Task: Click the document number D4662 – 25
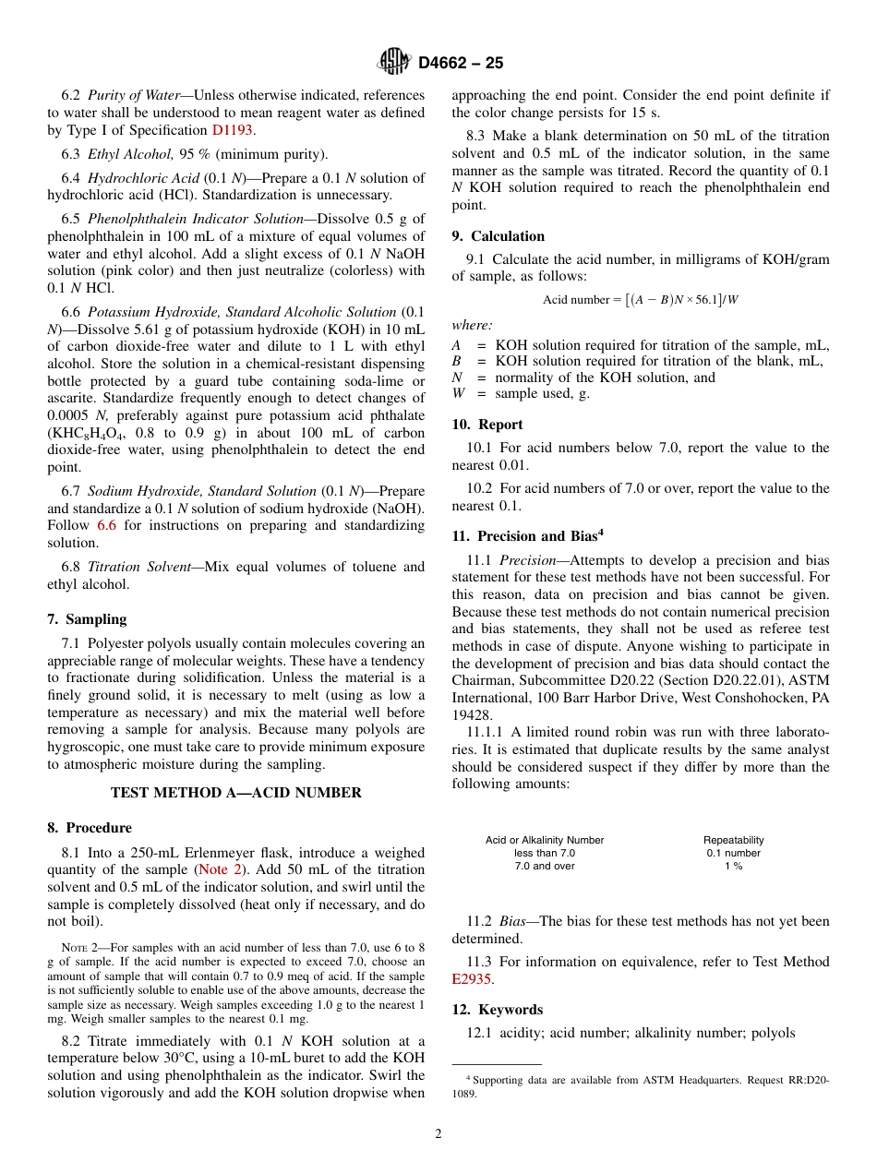[461, 63]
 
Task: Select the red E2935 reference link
[472, 979]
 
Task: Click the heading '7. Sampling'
[87, 619]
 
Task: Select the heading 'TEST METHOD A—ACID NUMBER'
[236, 793]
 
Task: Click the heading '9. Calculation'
[499, 236]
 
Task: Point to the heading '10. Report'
[487, 425]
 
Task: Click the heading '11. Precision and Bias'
[527, 535]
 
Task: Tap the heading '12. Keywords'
[498, 1010]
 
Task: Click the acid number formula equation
[641, 300]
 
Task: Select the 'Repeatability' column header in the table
[733, 840]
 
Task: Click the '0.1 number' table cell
[733, 853]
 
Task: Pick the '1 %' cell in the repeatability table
[733, 867]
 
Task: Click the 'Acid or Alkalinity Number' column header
[545, 840]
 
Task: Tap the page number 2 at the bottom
[438, 1134]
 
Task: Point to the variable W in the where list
[459, 394]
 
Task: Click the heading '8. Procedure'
[90, 828]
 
